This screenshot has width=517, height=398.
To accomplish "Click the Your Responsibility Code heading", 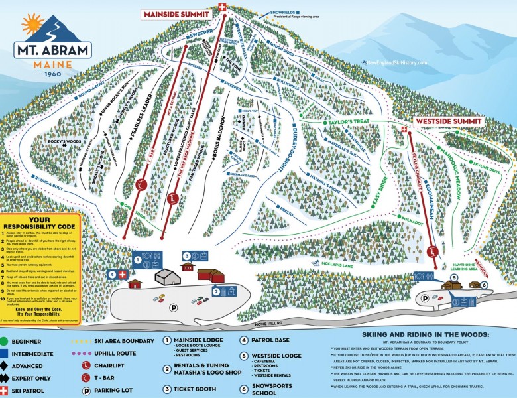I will [x=39, y=223].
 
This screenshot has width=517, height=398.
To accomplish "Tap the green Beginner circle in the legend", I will [x=6, y=341].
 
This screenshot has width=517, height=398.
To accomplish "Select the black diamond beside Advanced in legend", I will [x=6, y=365].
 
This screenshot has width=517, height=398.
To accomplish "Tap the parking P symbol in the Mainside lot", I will [x=174, y=307].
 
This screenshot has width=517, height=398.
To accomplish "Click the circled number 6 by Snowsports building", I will [x=485, y=285].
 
